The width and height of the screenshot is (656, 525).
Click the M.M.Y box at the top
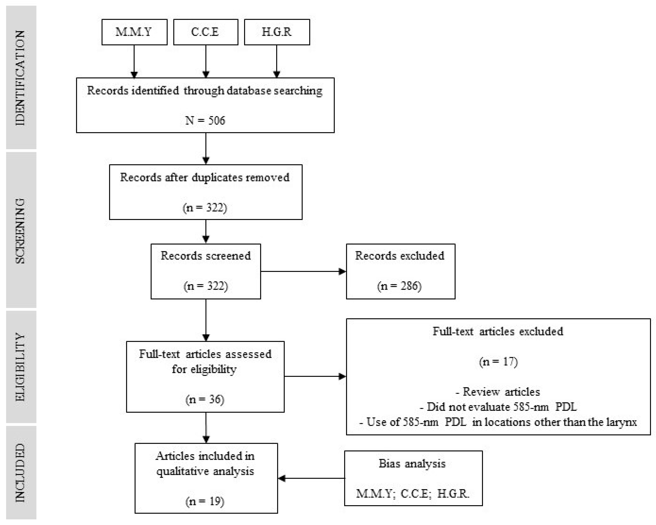click(x=134, y=32)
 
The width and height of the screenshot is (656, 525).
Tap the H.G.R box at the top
click(x=277, y=32)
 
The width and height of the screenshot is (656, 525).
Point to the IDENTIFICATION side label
click(x=21, y=78)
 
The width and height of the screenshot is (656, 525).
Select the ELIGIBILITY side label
click(x=21, y=367)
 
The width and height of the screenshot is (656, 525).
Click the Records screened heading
click(x=206, y=256)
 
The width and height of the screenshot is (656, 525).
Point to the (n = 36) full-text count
click(x=205, y=399)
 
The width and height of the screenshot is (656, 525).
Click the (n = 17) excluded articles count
click(x=498, y=362)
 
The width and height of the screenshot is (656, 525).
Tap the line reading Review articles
click(x=498, y=392)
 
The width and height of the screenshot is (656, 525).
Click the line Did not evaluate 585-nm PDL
click(x=498, y=407)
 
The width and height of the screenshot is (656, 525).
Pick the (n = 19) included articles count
click(x=205, y=501)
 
